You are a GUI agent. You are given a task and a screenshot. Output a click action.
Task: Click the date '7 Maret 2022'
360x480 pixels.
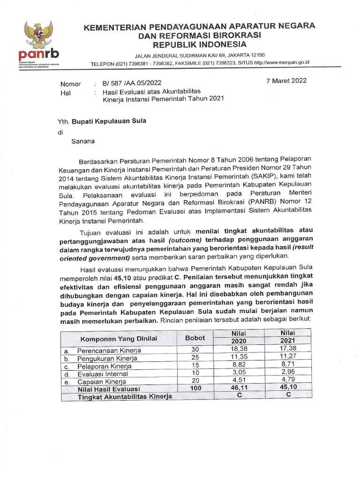coord(286,81)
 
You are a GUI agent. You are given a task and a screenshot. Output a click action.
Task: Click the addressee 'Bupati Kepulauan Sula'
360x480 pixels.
coord(109,121)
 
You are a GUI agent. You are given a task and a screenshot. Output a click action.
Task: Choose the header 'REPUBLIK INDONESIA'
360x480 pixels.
coord(200,45)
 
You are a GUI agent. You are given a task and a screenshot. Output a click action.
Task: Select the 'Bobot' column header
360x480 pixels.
coord(195,338)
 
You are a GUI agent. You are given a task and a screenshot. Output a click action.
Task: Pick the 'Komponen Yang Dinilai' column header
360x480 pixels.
coord(119,338)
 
